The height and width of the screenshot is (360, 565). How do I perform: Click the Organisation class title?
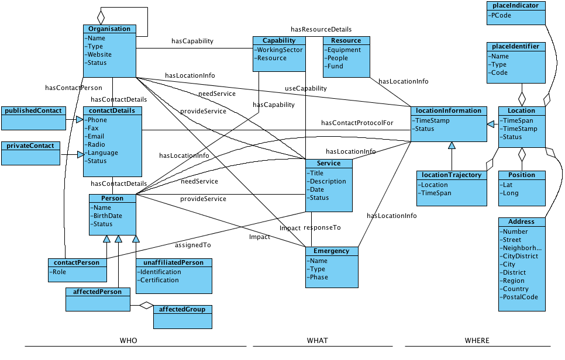click(x=109, y=29)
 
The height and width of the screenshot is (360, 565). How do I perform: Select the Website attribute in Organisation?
click(x=99, y=55)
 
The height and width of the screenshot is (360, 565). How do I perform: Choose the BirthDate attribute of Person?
click(x=108, y=216)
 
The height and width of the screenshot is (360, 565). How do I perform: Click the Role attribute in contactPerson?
click(x=59, y=272)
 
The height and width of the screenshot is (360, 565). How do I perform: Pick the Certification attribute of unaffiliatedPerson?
click(x=159, y=281)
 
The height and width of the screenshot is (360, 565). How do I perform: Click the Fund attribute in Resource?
click(x=335, y=67)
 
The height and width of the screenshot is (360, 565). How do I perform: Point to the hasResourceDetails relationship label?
click(x=321, y=29)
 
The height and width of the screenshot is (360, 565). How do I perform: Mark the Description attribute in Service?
click(x=328, y=181)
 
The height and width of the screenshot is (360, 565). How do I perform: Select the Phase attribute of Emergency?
click(x=319, y=278)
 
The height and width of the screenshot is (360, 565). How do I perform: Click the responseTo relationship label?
click(x=322, y=227)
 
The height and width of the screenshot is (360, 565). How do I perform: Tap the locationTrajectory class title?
click(x=452, y=175)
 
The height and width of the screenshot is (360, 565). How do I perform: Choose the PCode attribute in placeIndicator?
click(x=501, y=16)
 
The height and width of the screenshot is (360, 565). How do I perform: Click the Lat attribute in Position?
click(x=508, y=185)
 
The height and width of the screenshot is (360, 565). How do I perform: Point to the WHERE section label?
click(x=477, y=341)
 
